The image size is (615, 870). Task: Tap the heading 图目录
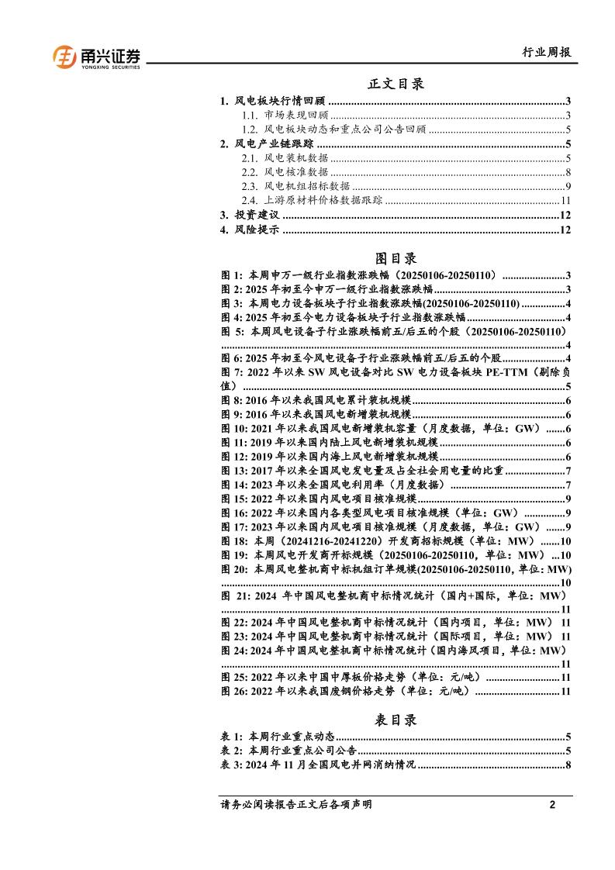coord(396,257)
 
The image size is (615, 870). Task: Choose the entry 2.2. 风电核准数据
coord(284,172)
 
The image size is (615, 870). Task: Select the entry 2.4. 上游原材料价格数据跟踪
coord(311,200)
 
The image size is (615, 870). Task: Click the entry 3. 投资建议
coord(249,215)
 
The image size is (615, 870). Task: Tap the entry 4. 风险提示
coord(249,230)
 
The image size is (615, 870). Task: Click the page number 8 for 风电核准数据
coord(568,172)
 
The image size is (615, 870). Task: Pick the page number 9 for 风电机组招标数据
coord(568,186)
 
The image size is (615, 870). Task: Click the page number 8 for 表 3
coord(568,765)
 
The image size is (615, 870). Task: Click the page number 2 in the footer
coord(552,805)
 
